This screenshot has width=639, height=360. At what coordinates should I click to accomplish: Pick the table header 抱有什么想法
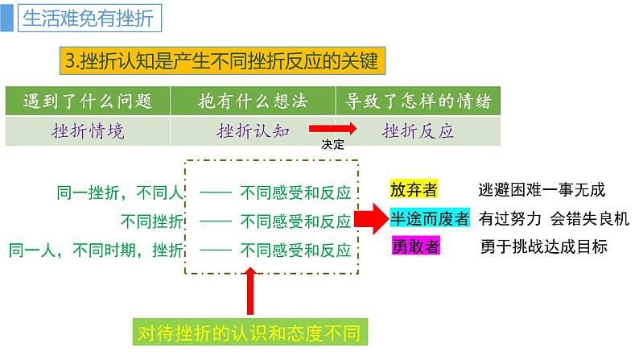pos(253,101)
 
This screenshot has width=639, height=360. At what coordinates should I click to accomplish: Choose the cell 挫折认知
pos(253,130)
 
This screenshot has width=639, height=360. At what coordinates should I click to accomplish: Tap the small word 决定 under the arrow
pos(332,145)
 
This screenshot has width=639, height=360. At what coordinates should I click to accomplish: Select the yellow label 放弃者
pos(414,190)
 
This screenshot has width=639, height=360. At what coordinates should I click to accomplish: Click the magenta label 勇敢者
pos(415,246)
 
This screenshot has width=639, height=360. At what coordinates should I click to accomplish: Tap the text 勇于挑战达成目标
pos(554,246)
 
